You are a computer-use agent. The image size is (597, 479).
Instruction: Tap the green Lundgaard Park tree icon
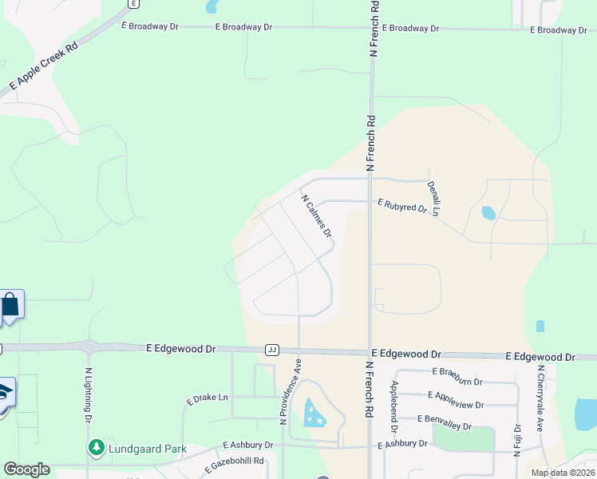[97, 446]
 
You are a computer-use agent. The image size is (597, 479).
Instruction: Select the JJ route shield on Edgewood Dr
[272, 350]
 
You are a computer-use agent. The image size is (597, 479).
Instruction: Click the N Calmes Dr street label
[316, 216]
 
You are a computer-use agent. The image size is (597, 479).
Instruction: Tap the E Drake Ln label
[208, 398]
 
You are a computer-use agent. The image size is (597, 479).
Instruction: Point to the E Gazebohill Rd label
[238, 462]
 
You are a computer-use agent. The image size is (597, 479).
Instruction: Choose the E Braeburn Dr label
[458, 371]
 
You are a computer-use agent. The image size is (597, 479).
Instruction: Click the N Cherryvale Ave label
[540, 399]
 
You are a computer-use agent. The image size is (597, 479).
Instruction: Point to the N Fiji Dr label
[517, 439]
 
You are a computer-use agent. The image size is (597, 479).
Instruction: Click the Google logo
[26, 469]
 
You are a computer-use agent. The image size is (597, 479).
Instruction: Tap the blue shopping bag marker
[10, 305]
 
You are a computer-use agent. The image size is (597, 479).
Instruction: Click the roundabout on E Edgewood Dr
[90, 347]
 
